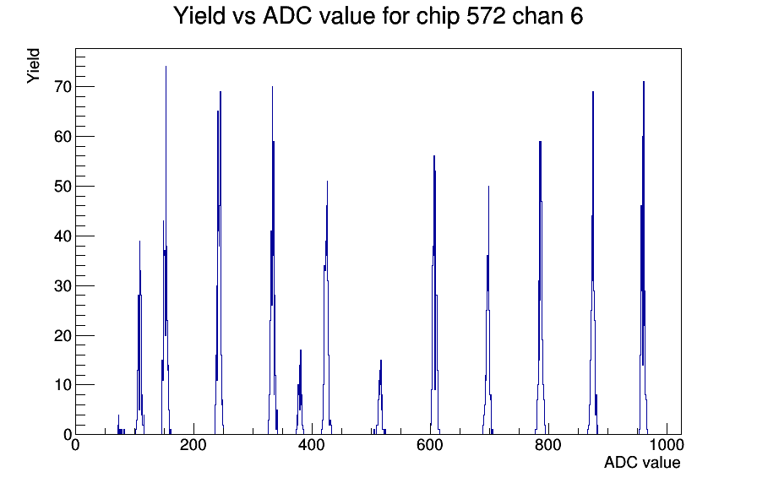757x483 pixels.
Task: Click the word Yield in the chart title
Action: (x=199, y=15)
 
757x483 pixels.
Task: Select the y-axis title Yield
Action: (x=33, y=66)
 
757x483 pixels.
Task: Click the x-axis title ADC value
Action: (x=642, y=462)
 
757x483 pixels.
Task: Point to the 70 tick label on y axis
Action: (x=63, y=87)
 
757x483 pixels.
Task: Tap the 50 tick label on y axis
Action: (x=63, y=187)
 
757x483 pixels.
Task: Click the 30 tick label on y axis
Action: (x=63, y=285)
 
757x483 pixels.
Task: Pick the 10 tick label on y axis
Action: (x=63, y=385)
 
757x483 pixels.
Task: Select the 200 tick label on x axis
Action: (x=193, y=444)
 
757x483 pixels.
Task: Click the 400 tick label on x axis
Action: (x=312, y=444)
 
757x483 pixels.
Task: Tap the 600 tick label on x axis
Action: (x=430, y=444)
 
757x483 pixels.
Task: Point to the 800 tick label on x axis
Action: (x=548, y=444)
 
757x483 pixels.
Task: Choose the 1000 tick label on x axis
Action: (x=667, y=444)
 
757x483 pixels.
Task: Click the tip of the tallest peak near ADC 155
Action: (x=166, y=67)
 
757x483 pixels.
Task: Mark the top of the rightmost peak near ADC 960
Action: (x=644, y=82)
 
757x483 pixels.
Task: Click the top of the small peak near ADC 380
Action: (x=300, y=350)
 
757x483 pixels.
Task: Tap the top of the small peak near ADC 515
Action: (x=381, y=361)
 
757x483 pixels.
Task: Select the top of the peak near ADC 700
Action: (x=488, y=187)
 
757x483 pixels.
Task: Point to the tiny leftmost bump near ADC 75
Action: (x=119, y=415)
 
